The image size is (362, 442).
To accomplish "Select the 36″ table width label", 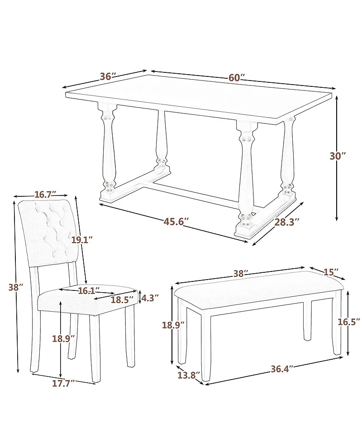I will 108,76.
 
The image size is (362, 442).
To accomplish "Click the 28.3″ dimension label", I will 287,222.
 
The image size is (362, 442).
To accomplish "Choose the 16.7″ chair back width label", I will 45,195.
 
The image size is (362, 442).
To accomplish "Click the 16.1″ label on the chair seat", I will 89,291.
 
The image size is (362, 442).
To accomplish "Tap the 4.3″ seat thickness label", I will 150,298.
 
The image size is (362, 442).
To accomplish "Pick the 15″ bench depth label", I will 331,272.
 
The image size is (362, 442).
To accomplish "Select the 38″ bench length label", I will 241,273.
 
